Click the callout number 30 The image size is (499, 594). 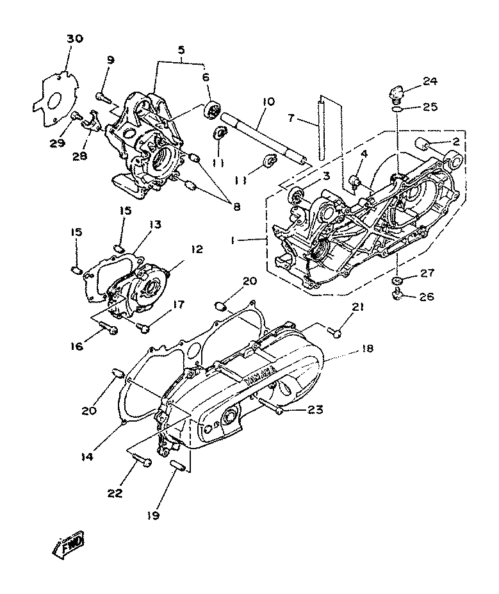tap(74, 38)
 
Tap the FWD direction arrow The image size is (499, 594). tap(69, 545)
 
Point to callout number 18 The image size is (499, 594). tap(367, 349)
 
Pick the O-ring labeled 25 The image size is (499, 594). tap(397, 109)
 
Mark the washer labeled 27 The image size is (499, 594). tap(397, 281)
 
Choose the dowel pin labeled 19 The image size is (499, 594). tap(178, 466)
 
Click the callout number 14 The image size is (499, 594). tap(87, 458)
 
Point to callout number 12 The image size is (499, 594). tap(197, 249)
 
